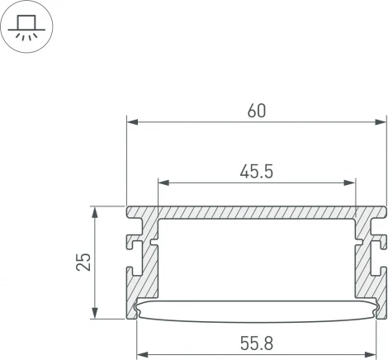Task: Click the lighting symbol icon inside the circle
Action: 27,27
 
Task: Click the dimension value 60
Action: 257,111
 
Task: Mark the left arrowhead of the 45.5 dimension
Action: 163,182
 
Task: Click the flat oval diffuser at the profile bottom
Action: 257,309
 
